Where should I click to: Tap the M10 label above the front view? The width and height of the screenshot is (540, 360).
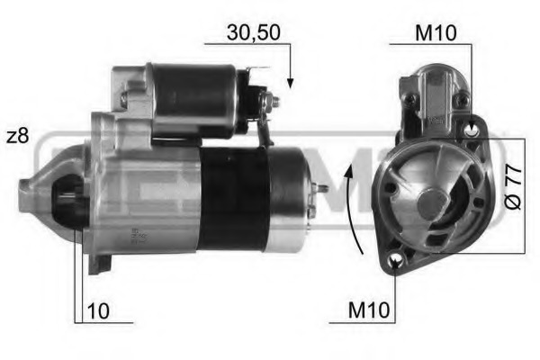click(x=435, y=32)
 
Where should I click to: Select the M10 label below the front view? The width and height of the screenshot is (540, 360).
click(x=369, y=310)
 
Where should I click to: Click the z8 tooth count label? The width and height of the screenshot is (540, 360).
click(x=17, y=136)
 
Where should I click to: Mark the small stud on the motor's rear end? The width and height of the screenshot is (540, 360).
click(x=321, y=188)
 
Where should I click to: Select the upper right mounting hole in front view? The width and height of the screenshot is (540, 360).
click(x=472, y=130)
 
